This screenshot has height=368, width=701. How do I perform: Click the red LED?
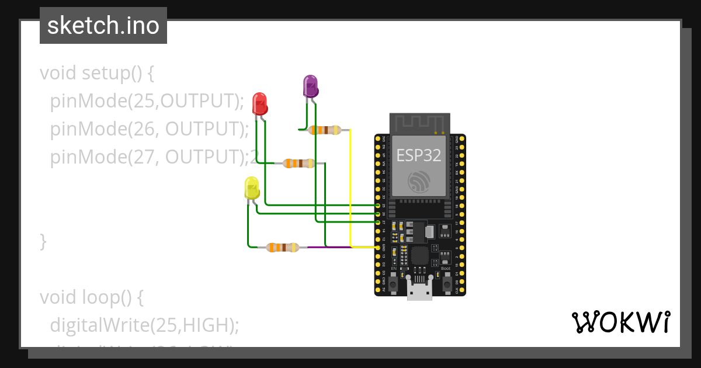[259, 103]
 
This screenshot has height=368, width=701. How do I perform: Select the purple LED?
[310, 86]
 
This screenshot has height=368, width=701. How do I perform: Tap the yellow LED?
[252, 189]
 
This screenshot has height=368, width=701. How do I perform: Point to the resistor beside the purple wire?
[282, 248]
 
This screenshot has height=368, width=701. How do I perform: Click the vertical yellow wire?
[350, 187]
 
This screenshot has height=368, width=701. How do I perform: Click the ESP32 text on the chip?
[419, 155]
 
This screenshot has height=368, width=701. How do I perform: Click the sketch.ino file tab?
[103, 26]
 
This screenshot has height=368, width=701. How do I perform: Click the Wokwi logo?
[620, 322]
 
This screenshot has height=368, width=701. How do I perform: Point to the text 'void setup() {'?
[96, 74]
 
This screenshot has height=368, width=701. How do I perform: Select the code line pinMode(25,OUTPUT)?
[147, 101]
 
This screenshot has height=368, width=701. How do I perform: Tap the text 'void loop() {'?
[91, 297]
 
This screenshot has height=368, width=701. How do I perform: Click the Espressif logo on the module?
[419, 182]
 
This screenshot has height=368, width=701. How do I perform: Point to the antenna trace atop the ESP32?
[419, 123]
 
